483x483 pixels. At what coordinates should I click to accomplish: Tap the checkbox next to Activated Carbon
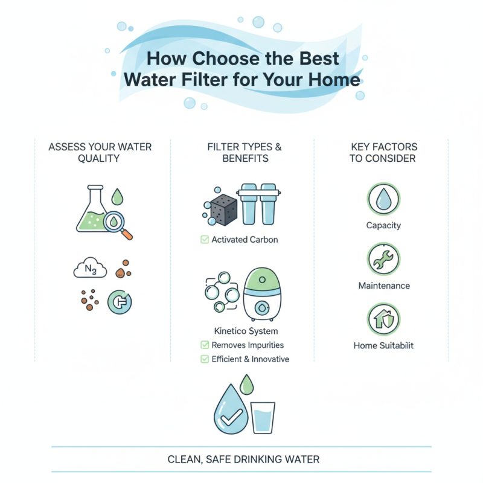204,240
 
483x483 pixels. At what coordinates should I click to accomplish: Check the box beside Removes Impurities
204,345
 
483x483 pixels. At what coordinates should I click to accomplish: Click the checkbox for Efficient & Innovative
204,359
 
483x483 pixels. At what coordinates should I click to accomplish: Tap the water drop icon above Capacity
383,200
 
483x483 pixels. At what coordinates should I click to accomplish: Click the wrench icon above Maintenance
383,260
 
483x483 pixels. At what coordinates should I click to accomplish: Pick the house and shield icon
383,319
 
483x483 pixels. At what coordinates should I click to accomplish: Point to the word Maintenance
383,286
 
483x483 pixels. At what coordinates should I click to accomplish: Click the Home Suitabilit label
383,346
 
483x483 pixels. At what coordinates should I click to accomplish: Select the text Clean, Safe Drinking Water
243,459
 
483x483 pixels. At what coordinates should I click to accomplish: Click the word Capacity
383,226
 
